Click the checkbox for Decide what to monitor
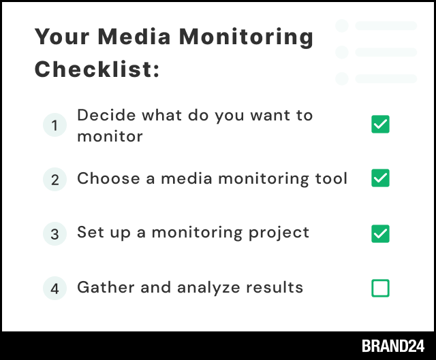coord(380,125)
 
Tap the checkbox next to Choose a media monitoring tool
coord(380,179)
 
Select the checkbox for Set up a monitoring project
coord(380,233)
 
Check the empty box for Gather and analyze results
coord(380,288)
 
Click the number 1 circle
coord(54,125)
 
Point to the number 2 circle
coord(54,180)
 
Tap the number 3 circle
coord(54,234)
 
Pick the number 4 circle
coord(54,289)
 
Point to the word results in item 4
coord(275,287)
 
